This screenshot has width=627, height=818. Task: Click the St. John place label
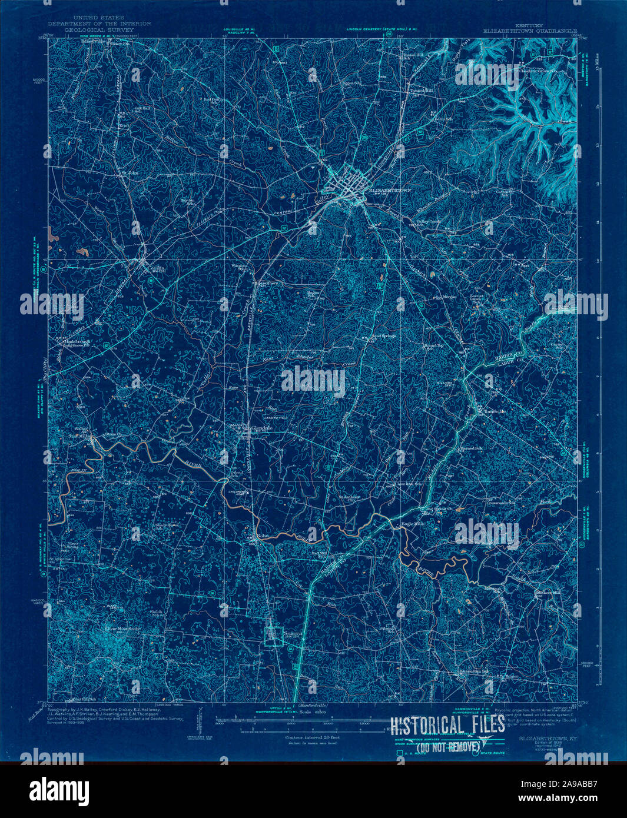point(130,173)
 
